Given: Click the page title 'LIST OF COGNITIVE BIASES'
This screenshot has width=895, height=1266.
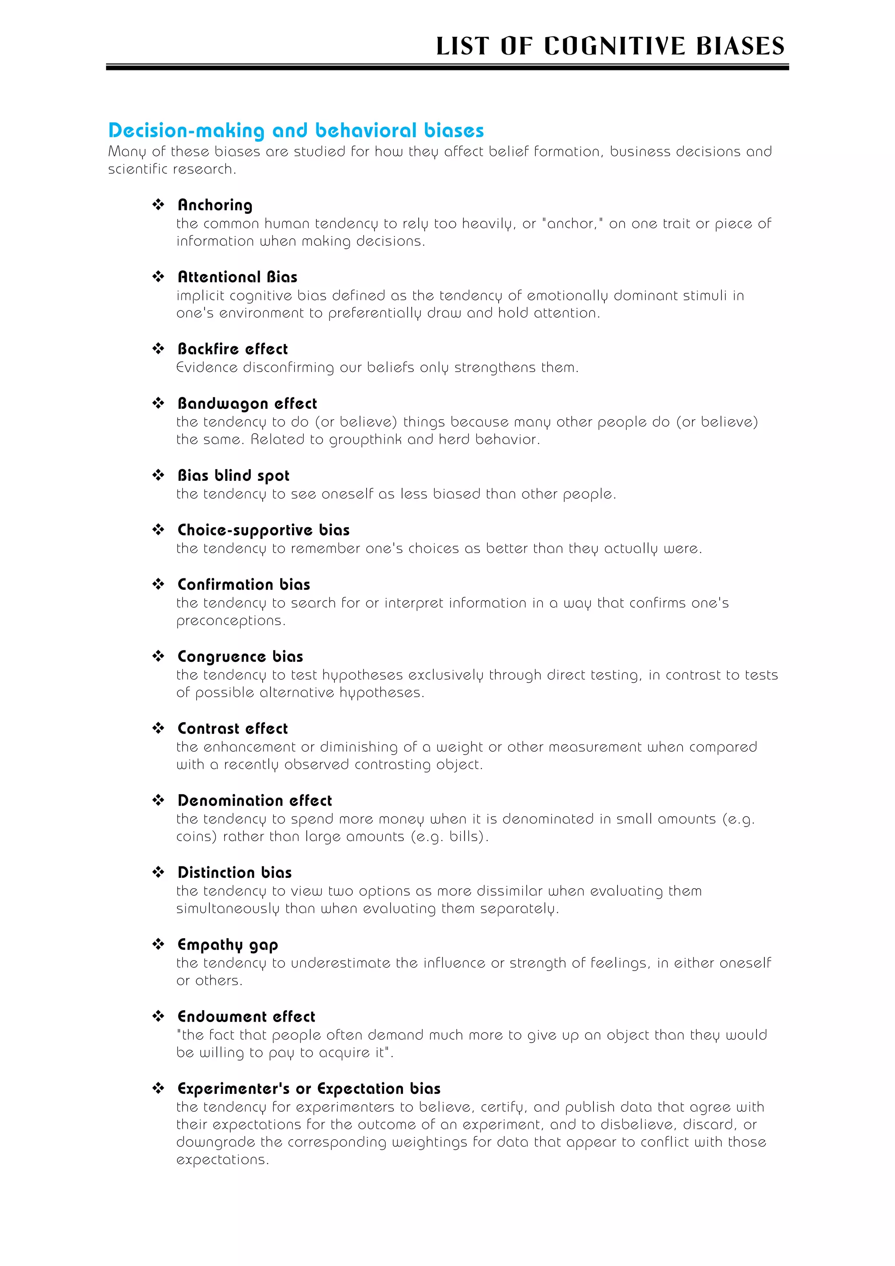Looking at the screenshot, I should click(x=610, y=46).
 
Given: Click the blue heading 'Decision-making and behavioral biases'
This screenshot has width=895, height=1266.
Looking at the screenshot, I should click(x=296, y=131).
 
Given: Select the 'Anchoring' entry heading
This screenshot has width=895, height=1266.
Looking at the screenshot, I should click(x=215, y=205).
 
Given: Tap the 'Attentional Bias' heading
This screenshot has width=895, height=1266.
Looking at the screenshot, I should click(x=238, y=277).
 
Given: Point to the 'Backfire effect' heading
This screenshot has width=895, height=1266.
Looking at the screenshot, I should click(x=232, y=349).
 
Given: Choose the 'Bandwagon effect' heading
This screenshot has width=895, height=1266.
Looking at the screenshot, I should click(x=247, y=403).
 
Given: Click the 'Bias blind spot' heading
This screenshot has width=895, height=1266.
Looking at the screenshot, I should click(x=233, y=475).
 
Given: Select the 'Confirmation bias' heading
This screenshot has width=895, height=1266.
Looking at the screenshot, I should click(x=243, y=584).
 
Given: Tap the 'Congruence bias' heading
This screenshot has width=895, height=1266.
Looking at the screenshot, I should click(x=240, y=656).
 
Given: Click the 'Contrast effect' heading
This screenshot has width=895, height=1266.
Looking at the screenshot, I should click(x=232, y=728).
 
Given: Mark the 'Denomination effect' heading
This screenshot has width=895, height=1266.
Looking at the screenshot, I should click(x=255, y=800).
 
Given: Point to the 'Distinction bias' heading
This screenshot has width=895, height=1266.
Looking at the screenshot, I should click(x=235, y=872).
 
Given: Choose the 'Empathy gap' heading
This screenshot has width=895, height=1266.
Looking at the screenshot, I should click(x=228, y=945).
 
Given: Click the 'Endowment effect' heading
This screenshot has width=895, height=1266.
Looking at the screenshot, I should click(x=246, y=1016).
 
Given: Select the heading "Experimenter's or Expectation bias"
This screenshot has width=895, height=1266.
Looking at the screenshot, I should click(x=309, y=1089).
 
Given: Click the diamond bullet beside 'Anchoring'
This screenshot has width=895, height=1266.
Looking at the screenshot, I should click(x=158, y=205).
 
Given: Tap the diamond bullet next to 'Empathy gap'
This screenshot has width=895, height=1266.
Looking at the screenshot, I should click(x=158, y=944).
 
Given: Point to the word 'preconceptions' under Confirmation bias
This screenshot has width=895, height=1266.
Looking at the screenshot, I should click(x=229, y=621).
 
